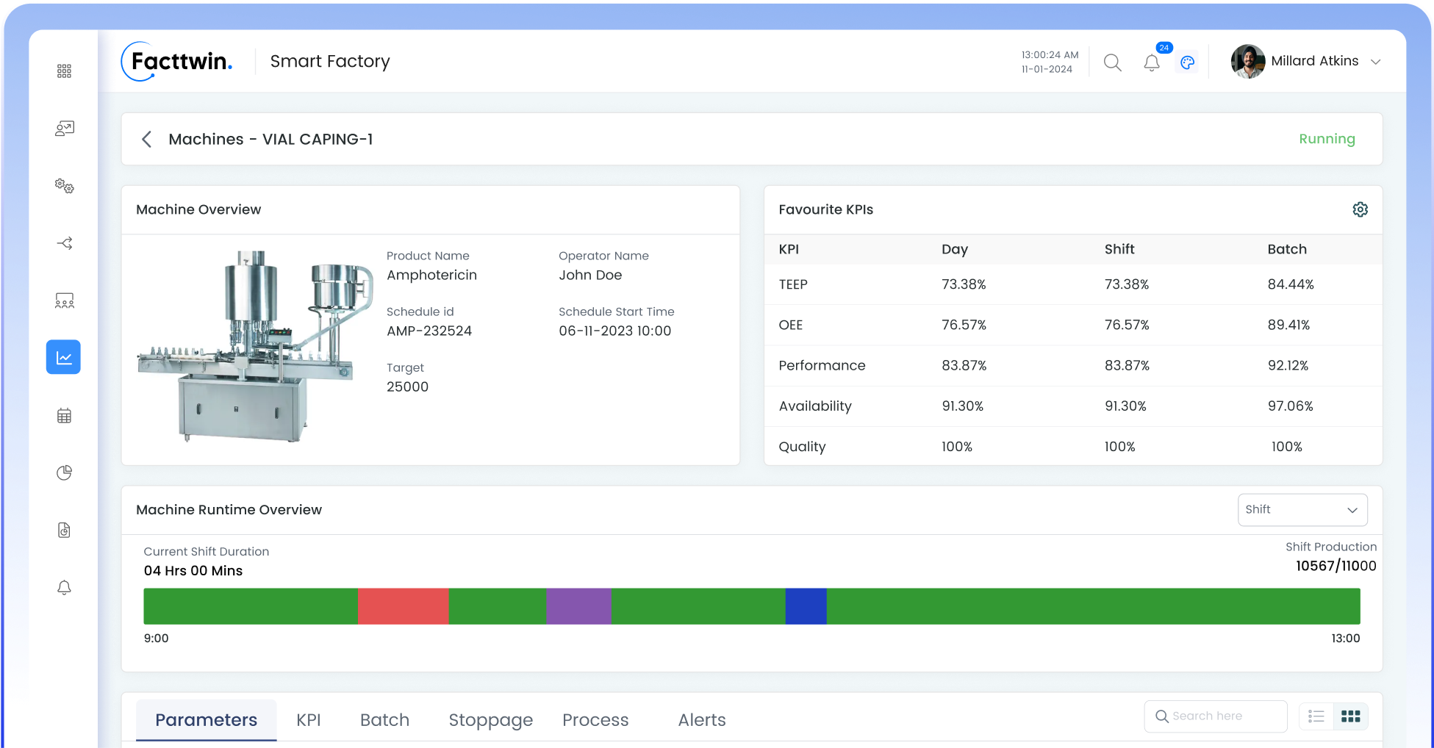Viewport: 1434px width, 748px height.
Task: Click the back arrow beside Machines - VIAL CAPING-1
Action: (x=147, y=140)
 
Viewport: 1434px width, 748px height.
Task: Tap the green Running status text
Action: (x=1327, y=139)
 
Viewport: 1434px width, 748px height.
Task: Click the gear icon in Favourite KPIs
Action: (x=1360, y=209)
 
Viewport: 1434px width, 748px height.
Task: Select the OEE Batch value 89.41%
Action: (x=1288, y=325)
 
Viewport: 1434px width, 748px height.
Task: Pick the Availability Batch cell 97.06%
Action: (x=1290, y=406)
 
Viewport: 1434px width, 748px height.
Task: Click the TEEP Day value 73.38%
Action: (x=964, y=284)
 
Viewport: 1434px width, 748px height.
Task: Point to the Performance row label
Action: (x=822, y=365)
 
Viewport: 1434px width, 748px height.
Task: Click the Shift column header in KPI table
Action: (x=1119, y=249)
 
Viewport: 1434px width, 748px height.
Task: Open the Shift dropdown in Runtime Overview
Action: (x=1302, y=510)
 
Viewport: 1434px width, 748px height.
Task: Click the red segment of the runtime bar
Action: (x=403, y=606)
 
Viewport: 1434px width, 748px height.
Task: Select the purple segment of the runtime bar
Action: (x=578, y=606)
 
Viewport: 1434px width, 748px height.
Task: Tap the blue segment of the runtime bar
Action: (x=806, y=606)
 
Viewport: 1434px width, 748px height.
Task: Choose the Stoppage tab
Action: (x=490, y=720)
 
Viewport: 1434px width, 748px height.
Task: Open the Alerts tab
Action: (x=701, y=720)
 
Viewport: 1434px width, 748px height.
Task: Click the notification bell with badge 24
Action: (x=1152, y=63)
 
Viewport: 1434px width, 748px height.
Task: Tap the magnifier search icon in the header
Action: (x=1112, y=63)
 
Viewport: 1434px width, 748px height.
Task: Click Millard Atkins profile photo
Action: (x=1247, y=62)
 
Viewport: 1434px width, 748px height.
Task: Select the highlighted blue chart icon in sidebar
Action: (x=64, y=357)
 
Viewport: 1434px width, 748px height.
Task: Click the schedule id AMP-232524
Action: (x=429, y=331)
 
